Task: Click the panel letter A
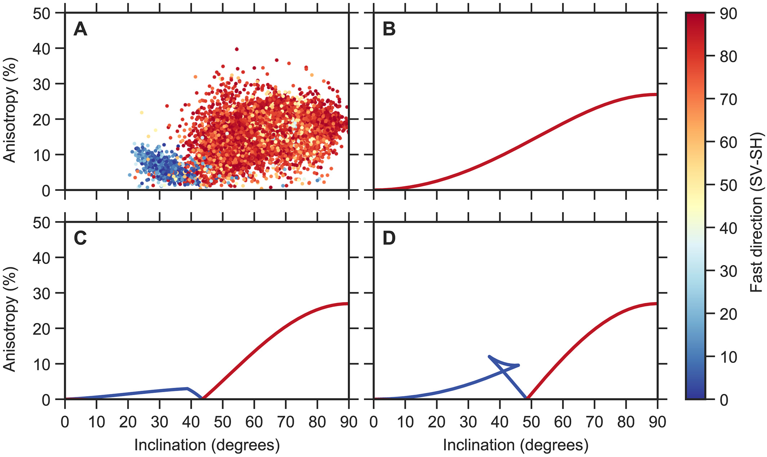pyautogui.click(x=80, y=29)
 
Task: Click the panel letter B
pyautogui.click(x=389, y=29)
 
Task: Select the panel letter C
pyautogui.click(x=80, y=238)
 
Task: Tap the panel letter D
pyautogui.click(x=389, y=238)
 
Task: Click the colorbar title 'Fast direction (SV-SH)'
pyautogui.click(x=757, y=212)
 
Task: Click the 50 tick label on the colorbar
pyautogui.click(x=728, y=185)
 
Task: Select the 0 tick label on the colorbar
pyautogui.click(x=724, y=400)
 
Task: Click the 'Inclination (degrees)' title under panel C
pyautogui.click(x=207, y=445)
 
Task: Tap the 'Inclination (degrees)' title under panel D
pyautogui.click(x=515, y=445)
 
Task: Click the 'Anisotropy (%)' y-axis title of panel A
pyautogui.click(x=10, y=110)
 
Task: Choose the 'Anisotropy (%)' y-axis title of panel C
pyautogui.click(x=10, y=319)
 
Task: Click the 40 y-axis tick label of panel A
pyautogui.click(x=41, y=48)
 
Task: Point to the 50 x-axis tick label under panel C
pyautogui.click(x=222, y=422)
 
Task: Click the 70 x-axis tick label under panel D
pyautogui.click(x=594, y=422)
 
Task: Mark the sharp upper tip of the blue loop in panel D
pyautogui.click(x=489, y=357)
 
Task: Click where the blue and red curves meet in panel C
pyautogui.click(x=203, y=398)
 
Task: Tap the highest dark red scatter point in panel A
pyautogui.click(x=236, y=49)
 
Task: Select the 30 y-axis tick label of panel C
pyautogui.click(x=41, y=293)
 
